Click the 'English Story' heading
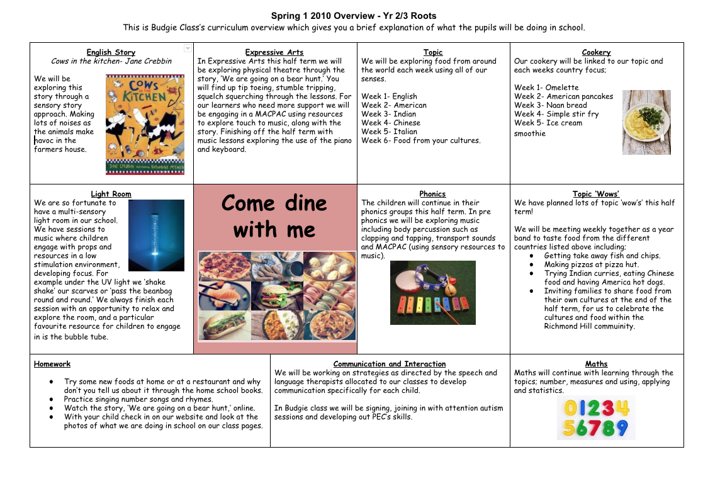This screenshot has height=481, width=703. [111, 52]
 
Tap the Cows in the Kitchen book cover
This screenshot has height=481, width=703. [145, 124]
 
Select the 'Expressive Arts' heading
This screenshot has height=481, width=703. [274, 52]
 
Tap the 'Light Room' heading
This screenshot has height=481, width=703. [111, 194]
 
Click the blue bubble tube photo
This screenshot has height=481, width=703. [156, 235]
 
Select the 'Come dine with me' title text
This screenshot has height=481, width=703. [274, 216]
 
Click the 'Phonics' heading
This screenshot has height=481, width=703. [432, 194]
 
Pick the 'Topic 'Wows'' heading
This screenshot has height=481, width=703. [596, 194]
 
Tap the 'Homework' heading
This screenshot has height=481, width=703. [52, 364]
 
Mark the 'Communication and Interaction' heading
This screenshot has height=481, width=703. [390, 364]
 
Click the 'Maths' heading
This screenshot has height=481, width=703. [596, 364]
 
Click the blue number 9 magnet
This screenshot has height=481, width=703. [622, 429]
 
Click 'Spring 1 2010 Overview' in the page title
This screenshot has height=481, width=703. [323, 16]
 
